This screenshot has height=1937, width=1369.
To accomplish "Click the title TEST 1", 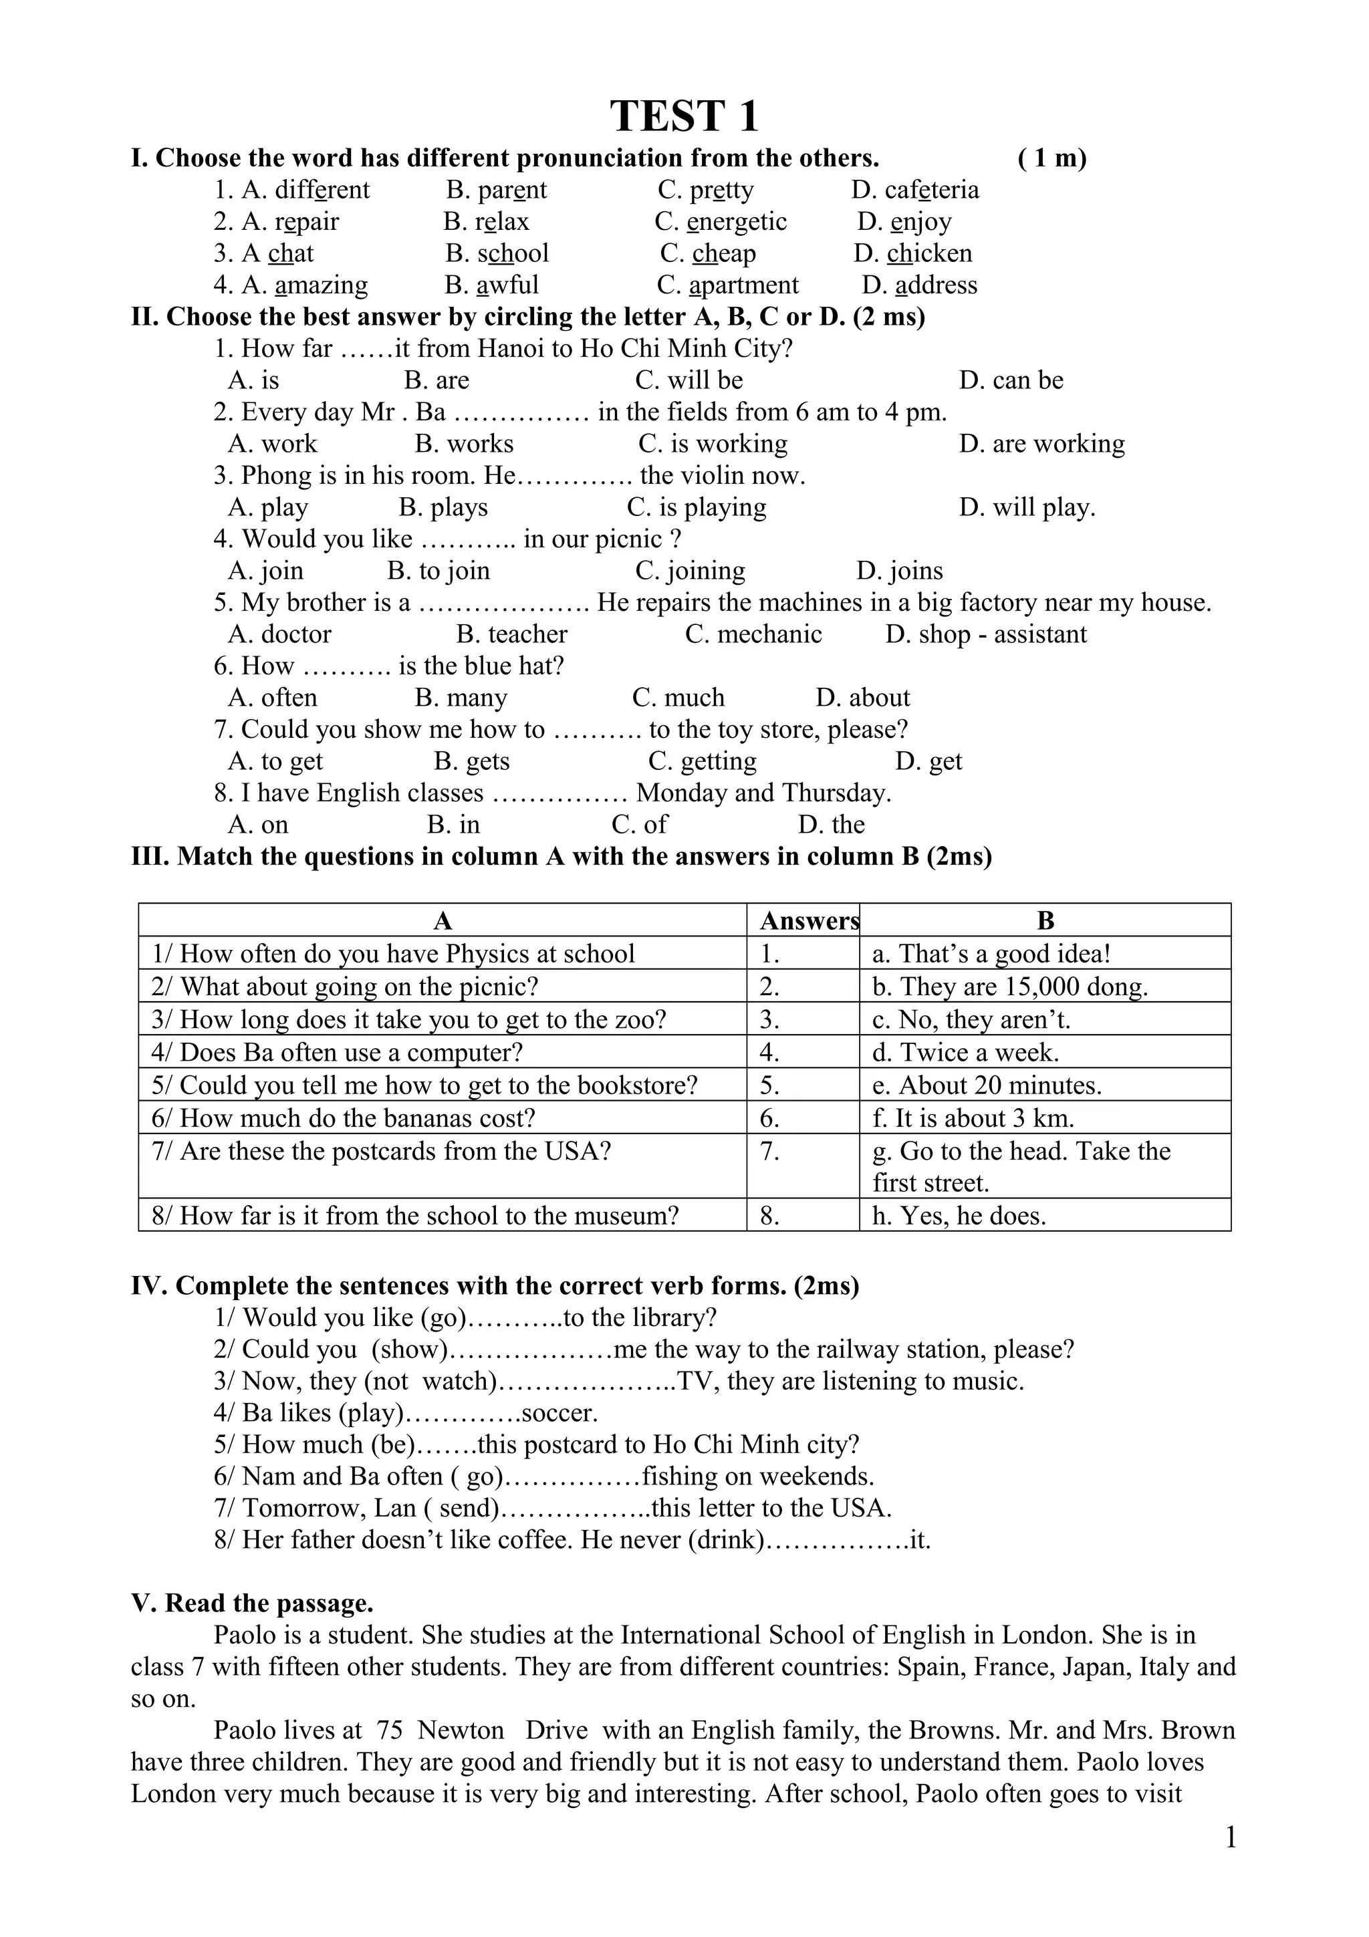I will click(x=683, y=116).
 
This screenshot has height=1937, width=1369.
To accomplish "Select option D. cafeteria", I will click(x=915, y=190).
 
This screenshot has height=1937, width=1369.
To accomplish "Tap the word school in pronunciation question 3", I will click(x=513, y=253).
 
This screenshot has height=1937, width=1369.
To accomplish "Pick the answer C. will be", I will click(x=689, y=380).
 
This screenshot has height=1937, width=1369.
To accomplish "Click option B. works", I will click(x=464, y=444).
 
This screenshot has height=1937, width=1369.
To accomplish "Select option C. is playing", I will click(x=697, y=507).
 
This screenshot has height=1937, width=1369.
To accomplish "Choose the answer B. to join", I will click(x=439, y=571).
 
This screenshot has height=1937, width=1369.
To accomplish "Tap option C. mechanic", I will click(x=753, y=634).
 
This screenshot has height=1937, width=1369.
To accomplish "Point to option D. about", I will click(x=863, y=698).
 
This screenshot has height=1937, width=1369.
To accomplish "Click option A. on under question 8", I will click(x=258, y=824).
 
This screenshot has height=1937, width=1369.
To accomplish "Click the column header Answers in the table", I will click(x=807, y=920).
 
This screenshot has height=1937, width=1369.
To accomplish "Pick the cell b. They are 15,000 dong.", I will click(x=1009, y=987).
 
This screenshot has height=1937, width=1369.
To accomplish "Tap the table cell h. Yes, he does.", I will click(x=959, y=1216).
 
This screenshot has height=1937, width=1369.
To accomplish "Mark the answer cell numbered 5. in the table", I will click(x=770, y=1085).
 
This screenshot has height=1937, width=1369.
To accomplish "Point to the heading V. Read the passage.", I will click(x=252, y=1603).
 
